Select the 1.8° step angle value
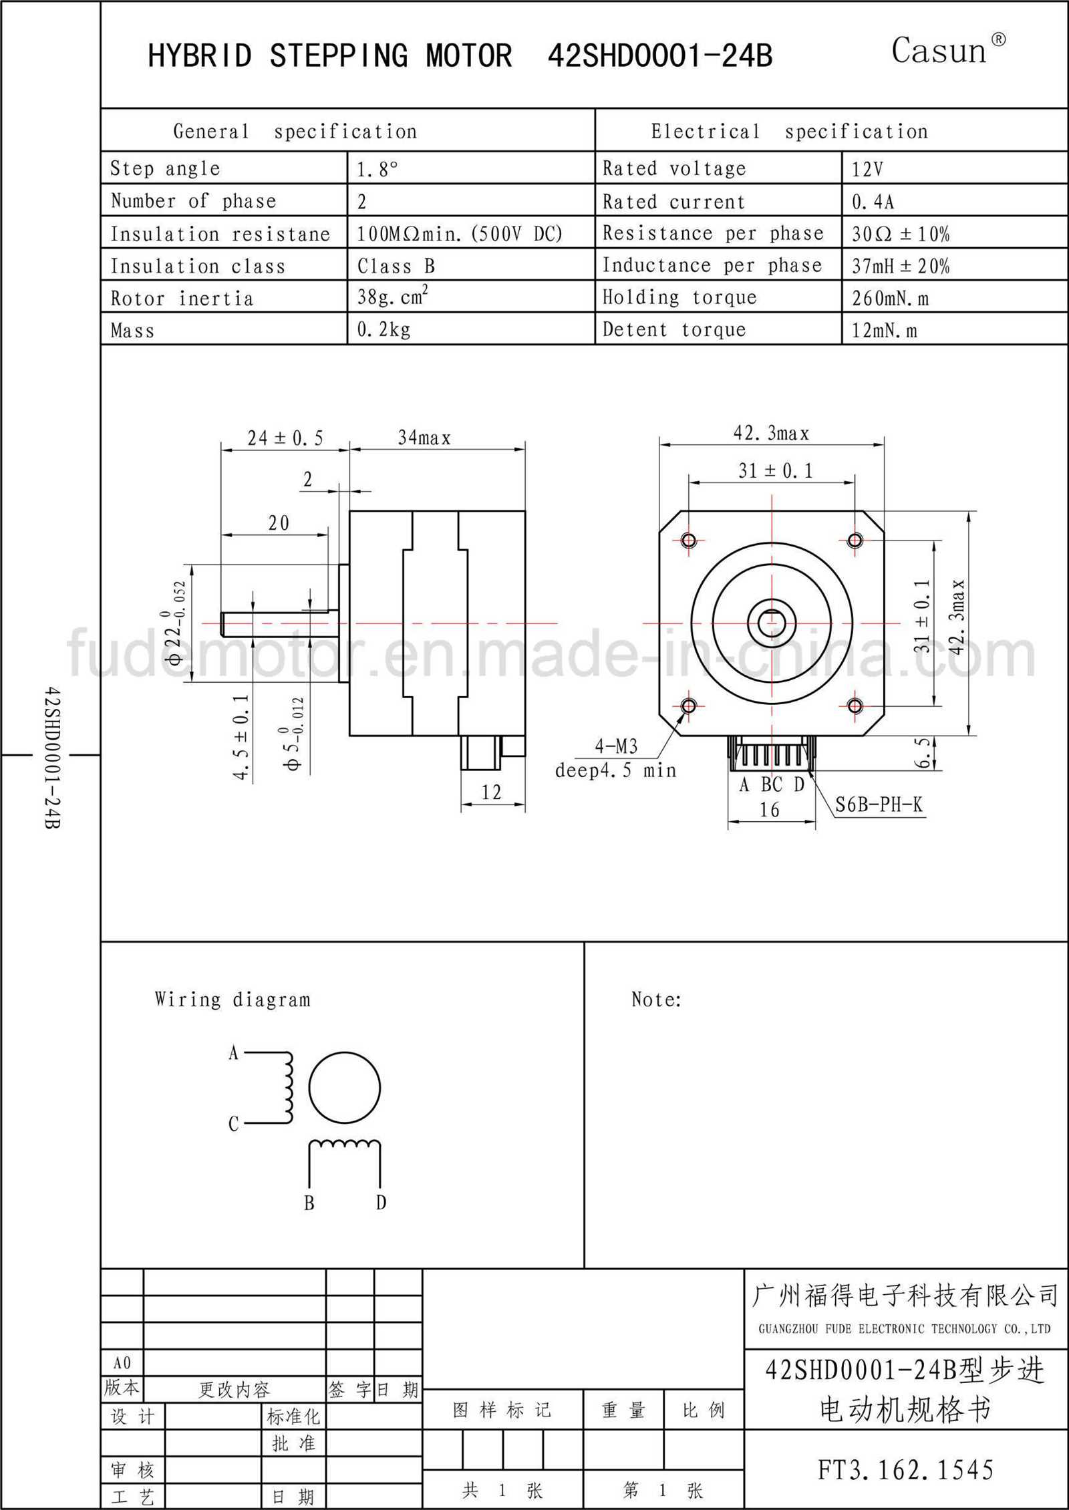[377, 170]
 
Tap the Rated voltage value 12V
[867, 170]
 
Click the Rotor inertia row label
[182, 298]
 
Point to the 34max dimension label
[424, 438]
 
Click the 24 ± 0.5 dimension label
[285, 438]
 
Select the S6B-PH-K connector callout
[879, 804]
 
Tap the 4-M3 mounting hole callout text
[616, 746]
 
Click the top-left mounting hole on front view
[689, 540]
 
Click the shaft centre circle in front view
[772, 623]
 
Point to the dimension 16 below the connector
[769, 810]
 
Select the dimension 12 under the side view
[491, 792]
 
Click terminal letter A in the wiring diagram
[233, 1054]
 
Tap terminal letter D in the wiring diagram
[381, 1203]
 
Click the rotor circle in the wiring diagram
[344, 1088]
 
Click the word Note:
[656, 1000]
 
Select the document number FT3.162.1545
[905, 1469]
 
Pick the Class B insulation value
[396, 266]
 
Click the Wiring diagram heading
[233, 1000]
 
